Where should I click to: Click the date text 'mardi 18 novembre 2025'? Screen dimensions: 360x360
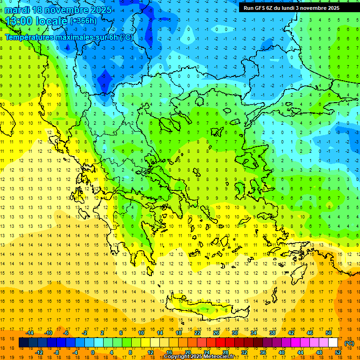pyautogui.click(x=58, y=10)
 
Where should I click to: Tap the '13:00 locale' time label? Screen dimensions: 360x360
pyautogui.click(x=37, y=21)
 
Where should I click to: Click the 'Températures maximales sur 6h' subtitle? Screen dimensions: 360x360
pyautogui.click(x=68, y=37)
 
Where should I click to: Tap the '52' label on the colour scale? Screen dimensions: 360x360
pyautogui.click(x=338, y=352)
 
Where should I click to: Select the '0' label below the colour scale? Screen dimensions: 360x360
pyautogui.click(x=93, y=352)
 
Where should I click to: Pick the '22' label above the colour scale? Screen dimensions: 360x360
pyautogui.click(x=197, y=333)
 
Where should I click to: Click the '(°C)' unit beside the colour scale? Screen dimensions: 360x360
pyautogui.click(x=349, y=343)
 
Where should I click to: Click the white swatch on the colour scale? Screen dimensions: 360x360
pyautogui.click(x=333, y=343)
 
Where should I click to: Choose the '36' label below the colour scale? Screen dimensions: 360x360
pyautogui.click(x=263, y=352)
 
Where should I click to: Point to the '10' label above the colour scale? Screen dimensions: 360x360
pyautogui.click(x=141, y=333)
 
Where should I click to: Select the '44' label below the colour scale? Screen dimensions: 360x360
pyautogui.click(x=300, y=352)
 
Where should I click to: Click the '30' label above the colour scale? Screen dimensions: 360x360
pyautogui.click(x=235, y=333)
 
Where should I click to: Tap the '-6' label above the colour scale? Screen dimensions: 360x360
pyautogui.click(x=67, y=333)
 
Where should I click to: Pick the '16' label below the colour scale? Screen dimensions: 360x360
pyautogui.click(x=169, y=352)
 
